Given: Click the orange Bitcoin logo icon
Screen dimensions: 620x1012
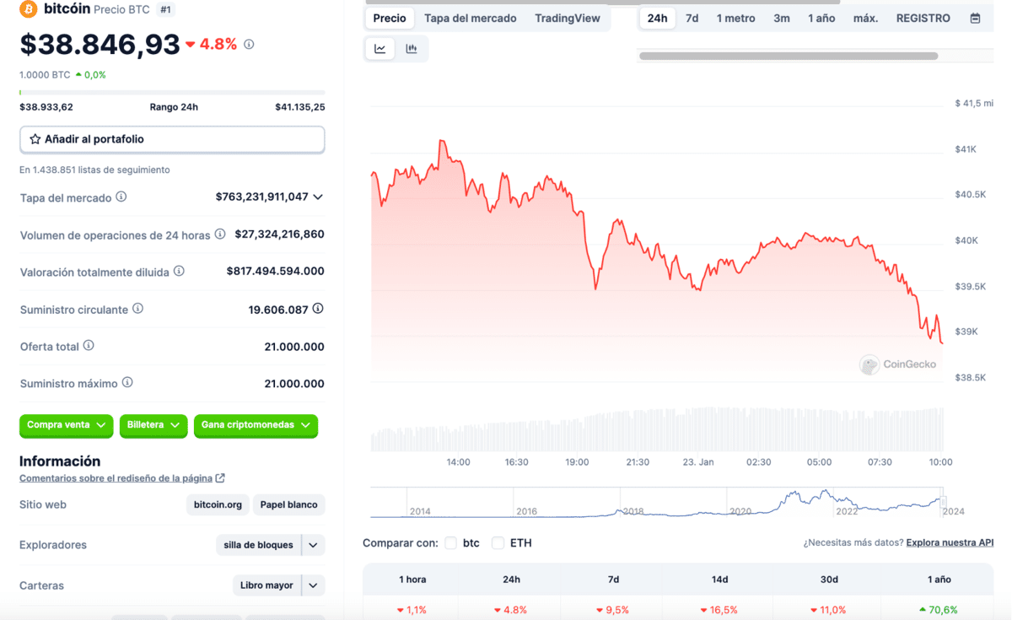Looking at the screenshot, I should pyautogui.click(x=29, y=9).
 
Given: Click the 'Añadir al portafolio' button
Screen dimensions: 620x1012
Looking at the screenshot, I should pyautogui.click(x=172, y=139).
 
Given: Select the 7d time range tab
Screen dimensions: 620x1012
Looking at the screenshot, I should pyautogui.click(x=692, y=18).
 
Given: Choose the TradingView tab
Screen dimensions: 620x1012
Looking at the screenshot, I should pyautogui.click(x=567, y=18).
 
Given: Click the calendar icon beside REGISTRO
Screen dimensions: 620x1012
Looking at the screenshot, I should pyautogui.click(x=975, y=18).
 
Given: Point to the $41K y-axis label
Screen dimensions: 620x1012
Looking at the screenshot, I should pyautogui.click(x=965, y=149).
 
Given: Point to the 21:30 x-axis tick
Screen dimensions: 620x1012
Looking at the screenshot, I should pyautogui.click(x=638, y=462).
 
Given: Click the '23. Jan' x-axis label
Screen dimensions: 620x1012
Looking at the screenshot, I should pyautogui.click(x=698, y=462).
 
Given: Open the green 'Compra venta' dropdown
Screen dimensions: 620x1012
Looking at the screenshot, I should pyautogui.click(x=66, y=425).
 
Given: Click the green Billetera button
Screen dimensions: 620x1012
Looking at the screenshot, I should pyautogui.click(x=153, y=425).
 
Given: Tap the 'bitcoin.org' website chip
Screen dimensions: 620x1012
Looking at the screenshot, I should pyautogui.click(x=218, y=505).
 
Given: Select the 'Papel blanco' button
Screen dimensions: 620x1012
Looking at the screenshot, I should pyautogui.click(x=288, y=505).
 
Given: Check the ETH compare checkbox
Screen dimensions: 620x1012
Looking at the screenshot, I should pyautogui.click(x=498, y=543).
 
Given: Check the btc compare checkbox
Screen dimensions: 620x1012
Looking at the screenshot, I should pyautogui.click(x=451, y=543).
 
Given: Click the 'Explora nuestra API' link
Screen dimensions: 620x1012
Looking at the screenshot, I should pyautogui.click(x=950, y=542).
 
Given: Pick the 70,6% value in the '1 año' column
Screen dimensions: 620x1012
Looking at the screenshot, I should pyautogui.click(x=939, y=610).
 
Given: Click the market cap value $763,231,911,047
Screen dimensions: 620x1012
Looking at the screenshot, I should pyautogui.click(x=262, y=197).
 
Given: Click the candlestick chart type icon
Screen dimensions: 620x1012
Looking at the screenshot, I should pyautogui.click(x=412, y=49).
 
